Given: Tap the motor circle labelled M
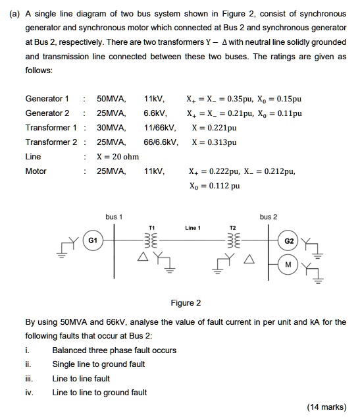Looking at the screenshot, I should [287, 265].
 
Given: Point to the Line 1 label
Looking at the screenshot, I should [192, 228].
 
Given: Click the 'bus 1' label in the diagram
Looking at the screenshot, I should [114, 217].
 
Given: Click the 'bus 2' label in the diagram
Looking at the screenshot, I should [269, 217].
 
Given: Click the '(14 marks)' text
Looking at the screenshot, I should [326, 406].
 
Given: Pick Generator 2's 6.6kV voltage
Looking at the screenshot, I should [154, 113].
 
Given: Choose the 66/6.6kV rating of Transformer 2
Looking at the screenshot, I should [160, 142].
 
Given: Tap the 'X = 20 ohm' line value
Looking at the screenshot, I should [118, 157].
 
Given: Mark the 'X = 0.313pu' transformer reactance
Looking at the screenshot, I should [214, 142].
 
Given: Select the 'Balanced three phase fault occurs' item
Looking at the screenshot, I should [114, 350].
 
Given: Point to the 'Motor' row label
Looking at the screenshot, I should [36, 171].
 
